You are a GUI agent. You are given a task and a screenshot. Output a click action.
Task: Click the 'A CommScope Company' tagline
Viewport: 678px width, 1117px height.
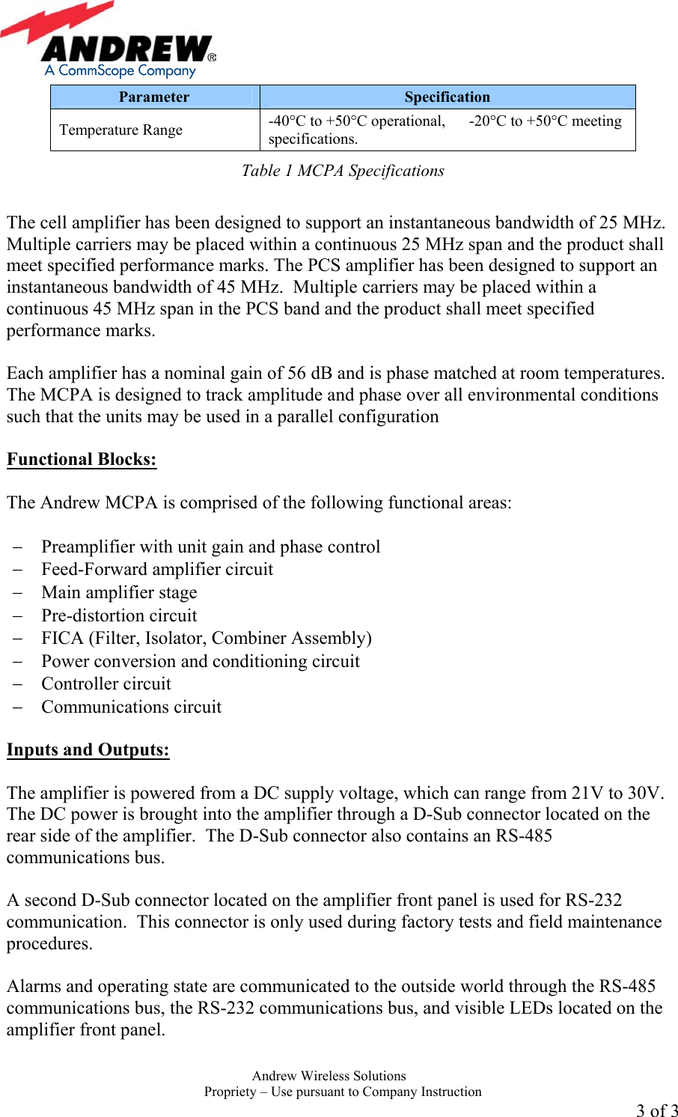click(x=120, y=70)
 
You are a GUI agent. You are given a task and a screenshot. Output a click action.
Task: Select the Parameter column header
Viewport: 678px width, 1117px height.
click(x=154, y=97)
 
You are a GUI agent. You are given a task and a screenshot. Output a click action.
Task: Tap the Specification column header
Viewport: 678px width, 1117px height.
click(x=447, y=97)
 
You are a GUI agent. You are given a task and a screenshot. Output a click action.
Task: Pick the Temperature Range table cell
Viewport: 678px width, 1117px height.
click(x=121, y=130)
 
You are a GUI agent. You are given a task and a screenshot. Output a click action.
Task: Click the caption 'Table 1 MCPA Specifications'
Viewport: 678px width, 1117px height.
click(x=343, y=171)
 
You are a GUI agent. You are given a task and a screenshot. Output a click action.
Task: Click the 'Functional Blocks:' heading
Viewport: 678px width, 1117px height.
click(x=82, y=460)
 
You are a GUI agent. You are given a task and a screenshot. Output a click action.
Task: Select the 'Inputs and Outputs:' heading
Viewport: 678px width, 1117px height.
click(x=88, y=750)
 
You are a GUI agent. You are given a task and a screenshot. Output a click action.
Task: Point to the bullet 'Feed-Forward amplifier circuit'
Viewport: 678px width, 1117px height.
click(x=157, y=569)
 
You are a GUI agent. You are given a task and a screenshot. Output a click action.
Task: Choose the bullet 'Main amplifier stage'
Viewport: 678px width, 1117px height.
click(x=119, y=592)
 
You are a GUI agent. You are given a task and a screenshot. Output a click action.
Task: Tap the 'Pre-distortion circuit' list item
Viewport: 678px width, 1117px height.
click(x=119, y=615)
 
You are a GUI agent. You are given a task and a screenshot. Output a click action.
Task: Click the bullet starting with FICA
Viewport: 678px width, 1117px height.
click(x=207, y=638)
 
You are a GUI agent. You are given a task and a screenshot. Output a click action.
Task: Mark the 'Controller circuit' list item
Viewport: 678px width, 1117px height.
click(x=106, y=684)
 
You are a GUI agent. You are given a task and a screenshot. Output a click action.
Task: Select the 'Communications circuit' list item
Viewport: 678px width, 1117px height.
click(x=132, y=707)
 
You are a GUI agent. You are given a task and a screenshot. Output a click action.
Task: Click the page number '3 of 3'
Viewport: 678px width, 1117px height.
click(x=656, y=1110)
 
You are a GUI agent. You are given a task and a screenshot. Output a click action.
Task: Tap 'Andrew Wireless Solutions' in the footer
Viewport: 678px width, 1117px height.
click(x=329, y=1076)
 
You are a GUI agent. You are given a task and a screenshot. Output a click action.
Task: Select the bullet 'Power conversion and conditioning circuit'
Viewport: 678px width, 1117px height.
click(x=201, y=661)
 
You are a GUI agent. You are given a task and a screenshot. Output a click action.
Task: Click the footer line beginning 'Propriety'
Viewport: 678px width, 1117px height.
click(x=343, y=1092)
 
